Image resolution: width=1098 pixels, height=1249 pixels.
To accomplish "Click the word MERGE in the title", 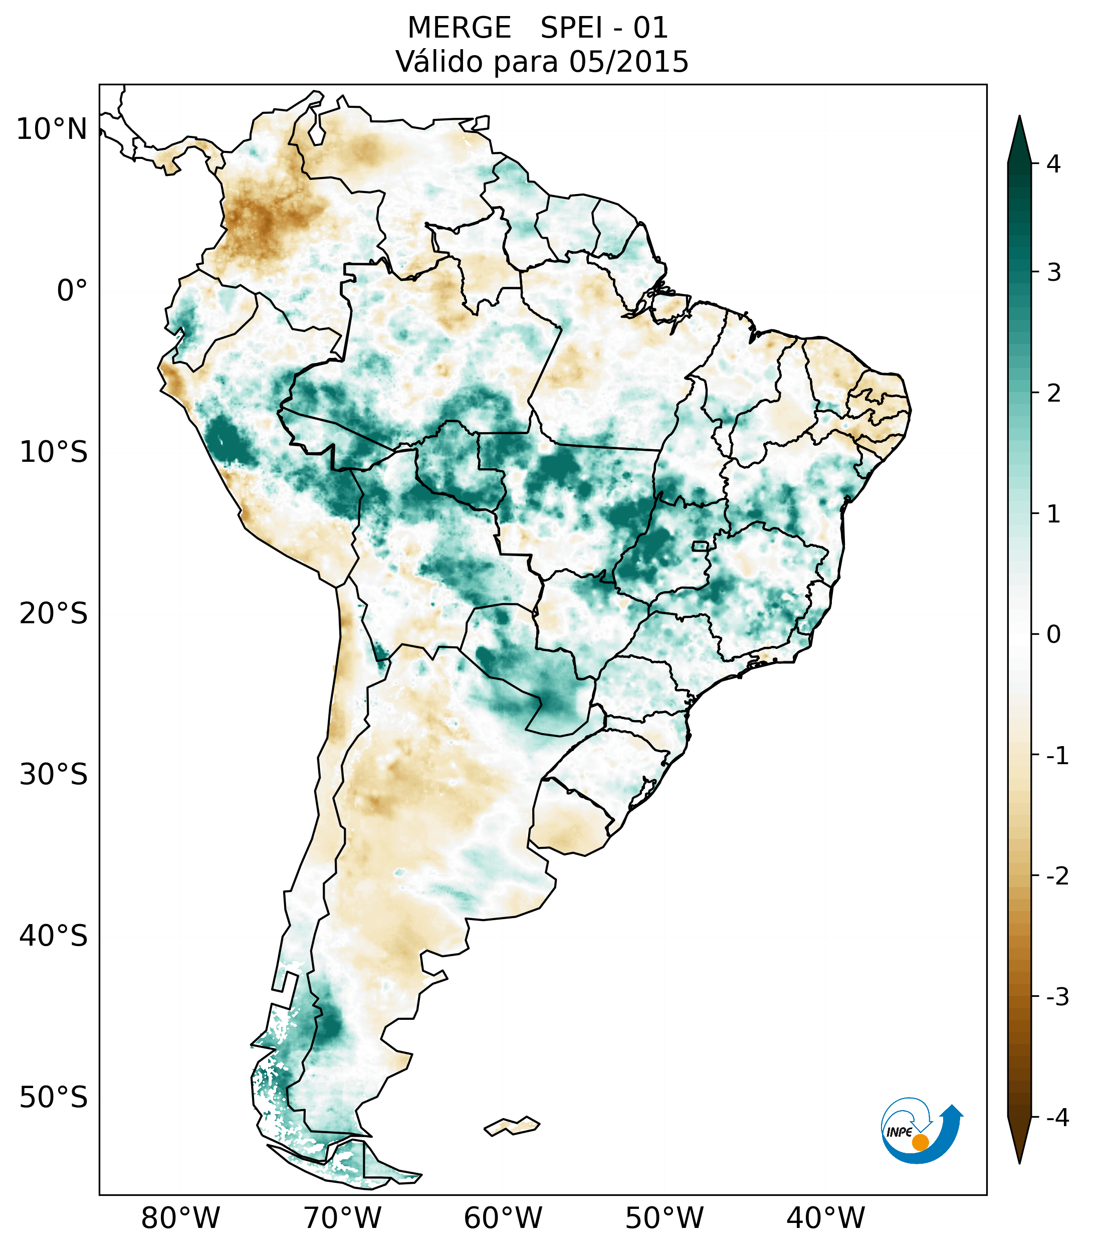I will coord(459,28).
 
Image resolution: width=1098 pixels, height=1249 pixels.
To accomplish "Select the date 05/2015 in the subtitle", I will coord(628,62).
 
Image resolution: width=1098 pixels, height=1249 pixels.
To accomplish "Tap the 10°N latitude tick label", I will coord(52,129).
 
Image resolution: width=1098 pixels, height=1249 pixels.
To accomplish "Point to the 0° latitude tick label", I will coord(72,291).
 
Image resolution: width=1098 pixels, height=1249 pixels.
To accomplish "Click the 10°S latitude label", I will coord(54,452).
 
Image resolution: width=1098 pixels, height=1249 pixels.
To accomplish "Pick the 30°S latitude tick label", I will coord(54,775).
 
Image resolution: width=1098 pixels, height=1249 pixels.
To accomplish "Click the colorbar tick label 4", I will coord(1053,164).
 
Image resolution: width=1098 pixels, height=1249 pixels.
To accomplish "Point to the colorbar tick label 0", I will coord(1053,635).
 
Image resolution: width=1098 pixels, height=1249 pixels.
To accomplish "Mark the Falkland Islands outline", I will coord(512,1126).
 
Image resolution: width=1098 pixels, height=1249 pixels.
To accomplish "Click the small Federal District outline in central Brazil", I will coord(700,546).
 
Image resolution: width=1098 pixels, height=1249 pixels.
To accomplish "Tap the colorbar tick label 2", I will coord(1053,394).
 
